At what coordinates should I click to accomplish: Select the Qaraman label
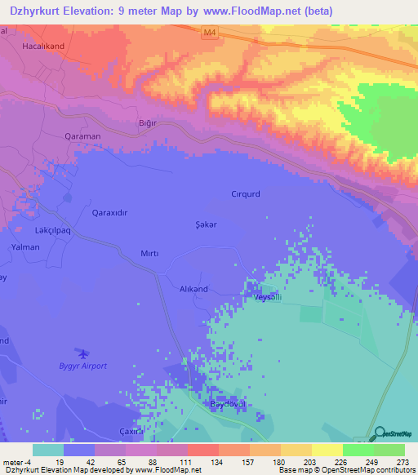[82, 137]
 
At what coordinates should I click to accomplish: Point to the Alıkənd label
[184, 289]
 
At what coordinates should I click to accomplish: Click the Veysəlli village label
[269, 298]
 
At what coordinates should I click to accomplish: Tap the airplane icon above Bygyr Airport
[82, 353]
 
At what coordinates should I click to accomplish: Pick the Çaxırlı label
[131, 431]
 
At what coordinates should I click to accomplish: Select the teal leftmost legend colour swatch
[47, 450]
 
